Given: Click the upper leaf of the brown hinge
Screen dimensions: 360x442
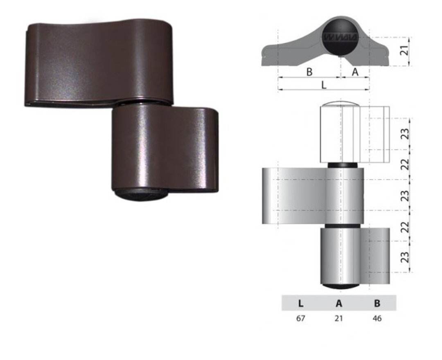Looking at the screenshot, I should point(98,61).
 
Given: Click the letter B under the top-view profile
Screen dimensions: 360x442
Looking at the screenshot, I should point(309,72).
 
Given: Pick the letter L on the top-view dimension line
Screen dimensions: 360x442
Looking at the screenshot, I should point(323,85).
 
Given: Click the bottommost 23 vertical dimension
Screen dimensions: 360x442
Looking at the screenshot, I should point(404,257).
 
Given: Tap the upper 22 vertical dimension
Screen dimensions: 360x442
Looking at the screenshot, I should point(404,165).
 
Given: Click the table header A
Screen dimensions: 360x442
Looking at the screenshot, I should point(338,303).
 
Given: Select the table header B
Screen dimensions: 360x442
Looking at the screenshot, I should point(377,303).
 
